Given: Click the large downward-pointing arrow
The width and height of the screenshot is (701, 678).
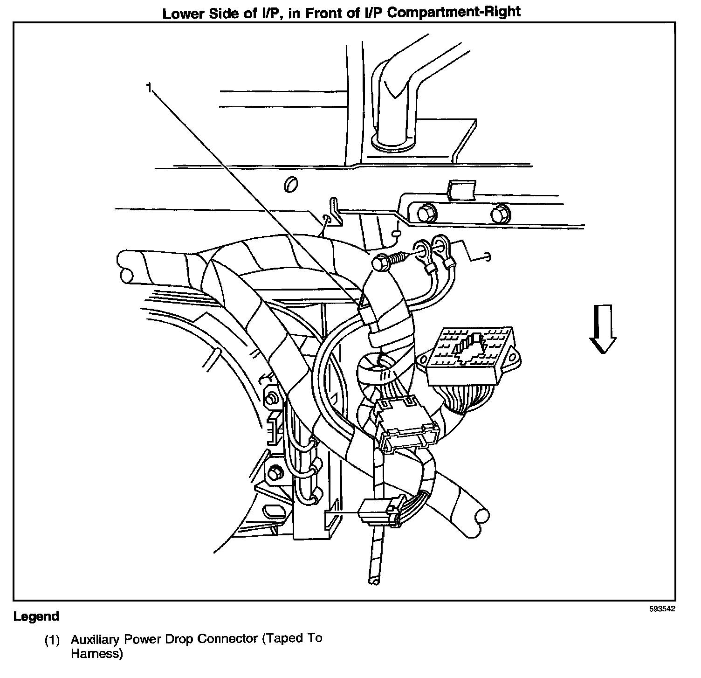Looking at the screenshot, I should pos(603,329).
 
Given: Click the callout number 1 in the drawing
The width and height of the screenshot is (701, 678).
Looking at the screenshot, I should pos(149,88).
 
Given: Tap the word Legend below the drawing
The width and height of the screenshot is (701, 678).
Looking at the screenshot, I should pos(36,616).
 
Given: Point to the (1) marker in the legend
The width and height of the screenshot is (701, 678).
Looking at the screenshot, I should pos(52,640).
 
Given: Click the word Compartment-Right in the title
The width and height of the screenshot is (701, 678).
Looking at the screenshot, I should pos(454,13).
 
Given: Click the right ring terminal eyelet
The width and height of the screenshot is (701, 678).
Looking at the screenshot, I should pos(440,244).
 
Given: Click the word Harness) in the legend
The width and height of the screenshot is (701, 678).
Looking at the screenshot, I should pos(97,654).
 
